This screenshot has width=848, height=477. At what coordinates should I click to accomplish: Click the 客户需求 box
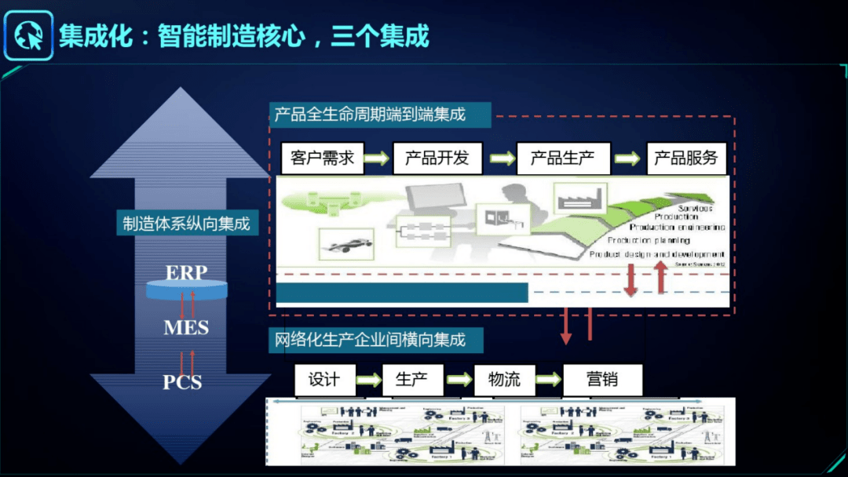pyautogui.click(x=322, y=158)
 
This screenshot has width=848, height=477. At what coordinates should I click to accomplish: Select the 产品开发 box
pyautogui.click(x=436, y=158)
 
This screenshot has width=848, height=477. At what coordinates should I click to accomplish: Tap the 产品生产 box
pyautogui.click(x=561, y=158)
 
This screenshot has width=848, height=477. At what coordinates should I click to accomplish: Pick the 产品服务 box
pyautogui.click(x=685, y=158)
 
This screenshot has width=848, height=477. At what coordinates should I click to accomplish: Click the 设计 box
pyautogui.click(x=323, y=381)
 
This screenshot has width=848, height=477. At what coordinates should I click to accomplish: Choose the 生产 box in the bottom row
pyautogui.click(x=412, y=381)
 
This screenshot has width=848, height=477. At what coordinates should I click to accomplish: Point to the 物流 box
pyautogui.click(x=504, y=381)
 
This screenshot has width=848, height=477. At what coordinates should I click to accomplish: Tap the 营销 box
pyautogui.click(x=602, y=381)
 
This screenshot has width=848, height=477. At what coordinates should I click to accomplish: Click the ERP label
pyautogui.click(x=186, y=273)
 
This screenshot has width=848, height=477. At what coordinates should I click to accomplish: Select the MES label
pyautogui.click(x=186, y=327)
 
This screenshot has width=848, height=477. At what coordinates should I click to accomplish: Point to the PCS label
pyautogui.click(x=182, y=382)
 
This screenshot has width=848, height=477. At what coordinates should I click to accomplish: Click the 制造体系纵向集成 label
pyautogui.click(x=186, y=224)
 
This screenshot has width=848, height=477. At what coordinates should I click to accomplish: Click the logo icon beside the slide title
pyautogui.click(x=28, y=35)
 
